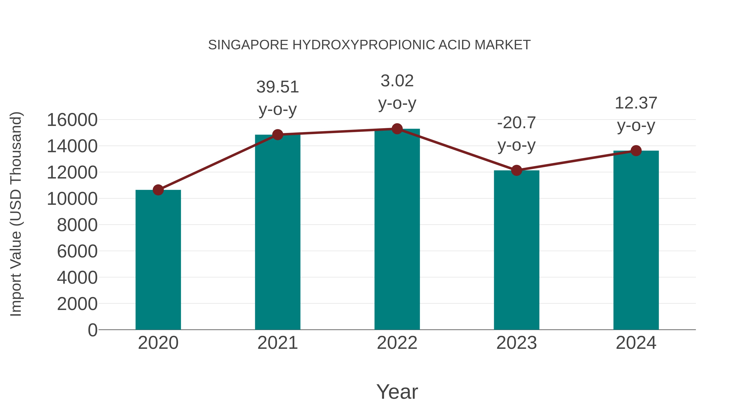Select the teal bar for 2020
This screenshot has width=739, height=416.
(x=158, y=260)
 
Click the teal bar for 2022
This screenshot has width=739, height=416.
(x=397, y=230)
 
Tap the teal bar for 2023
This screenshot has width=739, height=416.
(x=516, y=250)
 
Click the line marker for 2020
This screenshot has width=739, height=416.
(x=158, y=190)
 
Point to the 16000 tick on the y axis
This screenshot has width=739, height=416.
(x=72, y=120)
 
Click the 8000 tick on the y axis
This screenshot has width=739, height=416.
(x=77, y=225)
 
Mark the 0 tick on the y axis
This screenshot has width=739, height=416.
(x=92, y=330)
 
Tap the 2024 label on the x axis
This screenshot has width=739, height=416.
(x=636, y=343)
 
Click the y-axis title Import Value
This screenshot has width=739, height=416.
(x=16, y=214)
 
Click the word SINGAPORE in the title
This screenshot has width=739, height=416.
(x=248, y=45)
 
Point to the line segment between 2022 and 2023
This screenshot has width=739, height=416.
(x=457, y=150)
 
